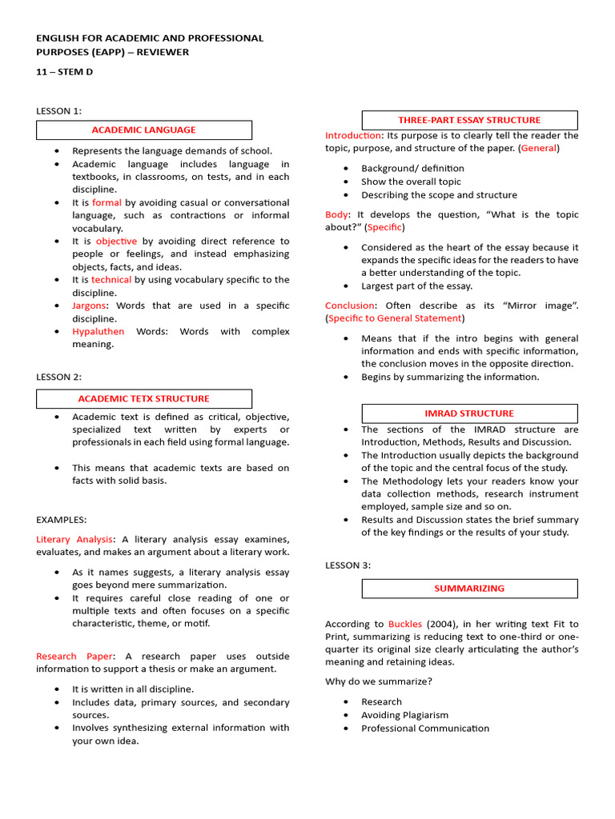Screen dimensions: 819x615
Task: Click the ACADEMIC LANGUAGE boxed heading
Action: point(144,130)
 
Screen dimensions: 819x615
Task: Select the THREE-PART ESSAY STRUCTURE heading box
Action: point(469,120)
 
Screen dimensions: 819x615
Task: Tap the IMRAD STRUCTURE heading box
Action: point(469,413)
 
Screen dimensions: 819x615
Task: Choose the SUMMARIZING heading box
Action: point(469,588)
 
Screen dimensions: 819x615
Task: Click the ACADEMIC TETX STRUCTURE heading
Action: point(144,398)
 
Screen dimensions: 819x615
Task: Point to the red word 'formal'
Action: point(107,202)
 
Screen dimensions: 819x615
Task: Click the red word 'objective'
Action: point(116,241)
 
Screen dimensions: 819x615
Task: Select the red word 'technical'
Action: point(111,280)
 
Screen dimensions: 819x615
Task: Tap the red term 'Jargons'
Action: point(89,306)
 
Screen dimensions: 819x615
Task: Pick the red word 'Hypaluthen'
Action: point(98,331)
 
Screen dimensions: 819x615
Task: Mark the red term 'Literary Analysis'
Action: point(75,539)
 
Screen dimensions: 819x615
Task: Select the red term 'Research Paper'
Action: point(74,656)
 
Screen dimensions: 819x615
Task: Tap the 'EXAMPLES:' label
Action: point(61,520)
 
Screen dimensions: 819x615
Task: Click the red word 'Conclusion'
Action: point(349,306)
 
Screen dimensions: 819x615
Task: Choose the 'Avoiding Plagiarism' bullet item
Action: point(404,715)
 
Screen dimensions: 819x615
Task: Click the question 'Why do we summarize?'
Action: point(378,681)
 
